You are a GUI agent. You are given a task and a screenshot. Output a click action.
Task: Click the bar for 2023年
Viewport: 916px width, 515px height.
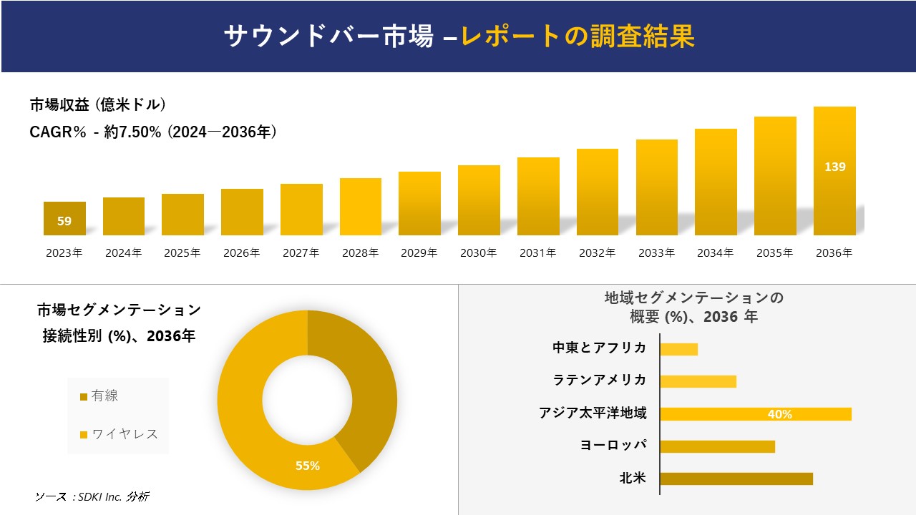pyautogui.click(x=64, y=218)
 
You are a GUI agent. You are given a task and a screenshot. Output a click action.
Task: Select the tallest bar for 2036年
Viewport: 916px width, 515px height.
pyautogui.click(x=834, y=172)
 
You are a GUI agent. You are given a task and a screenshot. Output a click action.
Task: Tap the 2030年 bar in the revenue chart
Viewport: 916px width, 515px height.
pyautogui.click(x=479, y=200)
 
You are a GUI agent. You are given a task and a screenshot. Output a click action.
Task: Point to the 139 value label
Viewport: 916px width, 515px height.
pyautogui.click(x=834, y=167)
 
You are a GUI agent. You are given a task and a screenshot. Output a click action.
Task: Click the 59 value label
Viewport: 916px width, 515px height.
pyautogui.click(x=64, y=221)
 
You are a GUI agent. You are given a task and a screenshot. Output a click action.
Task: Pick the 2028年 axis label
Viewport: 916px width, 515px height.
pyautogui.click(x=360, y=252)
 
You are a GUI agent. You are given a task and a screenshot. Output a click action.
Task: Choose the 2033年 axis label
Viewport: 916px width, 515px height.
pyautogui.click(x=656, y=252)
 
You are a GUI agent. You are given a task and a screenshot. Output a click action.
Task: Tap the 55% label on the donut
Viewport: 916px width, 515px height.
pyautogui.click(x=308, y=466)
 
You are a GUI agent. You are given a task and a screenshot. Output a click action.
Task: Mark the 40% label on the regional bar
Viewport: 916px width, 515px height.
pyautogui.click(x=779, y=414)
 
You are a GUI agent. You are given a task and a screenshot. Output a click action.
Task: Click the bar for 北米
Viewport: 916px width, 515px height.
pyautogui.click(x=736, y=479)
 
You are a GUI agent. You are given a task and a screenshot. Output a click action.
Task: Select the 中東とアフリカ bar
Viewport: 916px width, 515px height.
pyautogui.click(x=678, y=349)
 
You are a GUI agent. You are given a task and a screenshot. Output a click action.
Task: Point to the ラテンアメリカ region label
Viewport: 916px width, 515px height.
pyautogui.click(x=600, y=380)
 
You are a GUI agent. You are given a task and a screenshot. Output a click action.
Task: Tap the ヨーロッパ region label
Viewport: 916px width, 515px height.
pyautogui.click(x=613, y=445)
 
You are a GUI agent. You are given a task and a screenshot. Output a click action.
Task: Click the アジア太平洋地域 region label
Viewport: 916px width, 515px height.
pyautogui.click(x=593, y=413)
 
